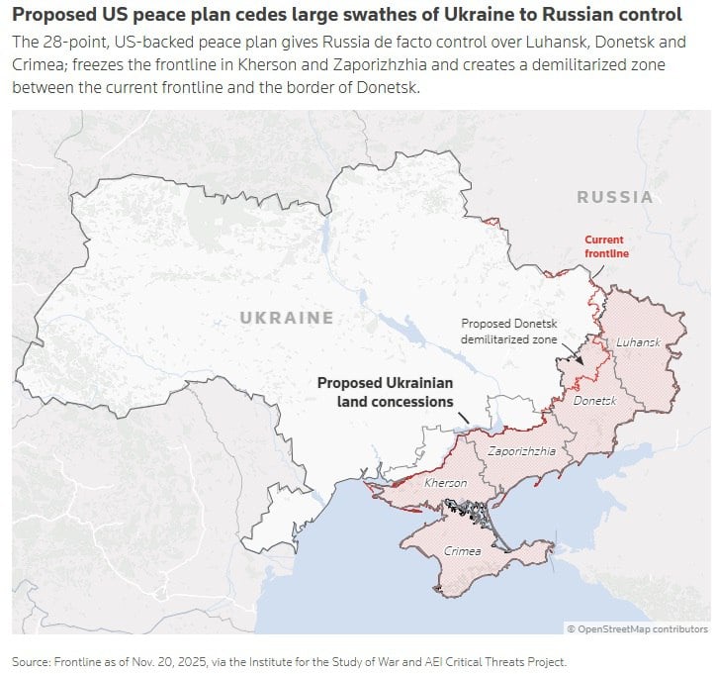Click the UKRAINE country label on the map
click(287, 318)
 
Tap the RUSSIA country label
click(615, 197)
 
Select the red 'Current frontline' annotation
click(605, 246)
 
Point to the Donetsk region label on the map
click(594, 401)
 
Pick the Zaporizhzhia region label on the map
click(522, 450)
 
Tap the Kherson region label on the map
click(445, 483)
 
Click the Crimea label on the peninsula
click(463, 551)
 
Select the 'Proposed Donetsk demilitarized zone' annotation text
click(509, 331)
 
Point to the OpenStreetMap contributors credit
click(637, 628)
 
